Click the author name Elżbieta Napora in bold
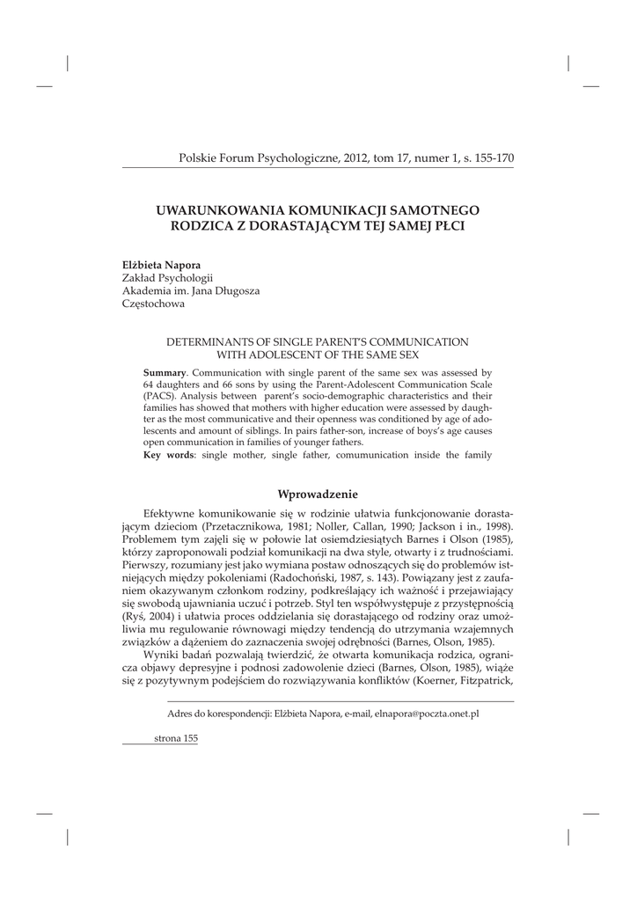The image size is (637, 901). [x=161, y=265]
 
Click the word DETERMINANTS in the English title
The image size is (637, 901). [x=204, y=341]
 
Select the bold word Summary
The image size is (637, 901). [x=165, y=373]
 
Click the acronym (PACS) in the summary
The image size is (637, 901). [x=158, y=396]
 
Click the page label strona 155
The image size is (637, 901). [x=175, y=739]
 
